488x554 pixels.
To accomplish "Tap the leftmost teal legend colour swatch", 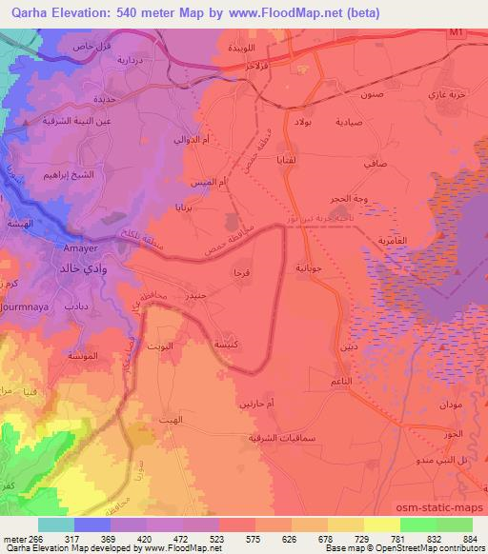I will (55, 524).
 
